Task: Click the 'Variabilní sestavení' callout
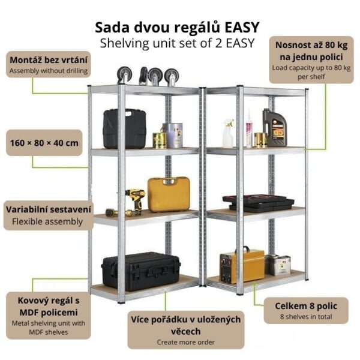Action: (44, 215)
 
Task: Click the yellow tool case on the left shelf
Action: (169, 194)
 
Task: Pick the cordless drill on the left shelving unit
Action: (134, 201)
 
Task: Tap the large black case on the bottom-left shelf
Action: (140, 271)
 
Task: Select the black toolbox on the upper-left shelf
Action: (124, 128)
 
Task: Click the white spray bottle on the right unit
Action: (228, 133)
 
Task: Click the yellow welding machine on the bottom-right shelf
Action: (242, 266)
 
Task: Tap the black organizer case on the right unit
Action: (250, 203)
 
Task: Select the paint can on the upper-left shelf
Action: (173, 135)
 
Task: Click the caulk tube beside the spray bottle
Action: (248, 128)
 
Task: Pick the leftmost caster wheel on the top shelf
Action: (124, 74)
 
